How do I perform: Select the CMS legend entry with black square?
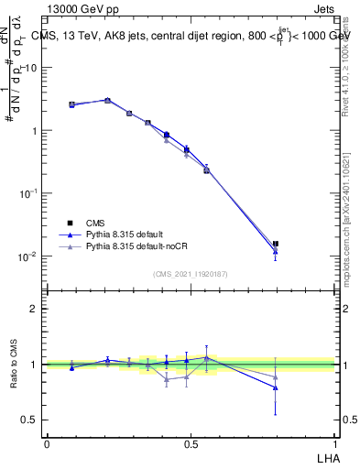[x=95, y=223]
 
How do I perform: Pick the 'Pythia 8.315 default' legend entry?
[x=125, y=234]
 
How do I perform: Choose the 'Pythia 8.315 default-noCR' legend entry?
[x=137, y=246]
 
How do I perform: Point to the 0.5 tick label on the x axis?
[x=191, y=443]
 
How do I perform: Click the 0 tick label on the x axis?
[x=47, y=443]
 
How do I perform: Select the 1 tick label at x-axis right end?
[x=335, y=443]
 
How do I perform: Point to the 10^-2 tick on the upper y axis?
[x=30, y=256]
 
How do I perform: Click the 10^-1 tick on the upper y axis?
[x=30, y=193]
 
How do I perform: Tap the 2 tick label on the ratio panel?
[x=34, y=309]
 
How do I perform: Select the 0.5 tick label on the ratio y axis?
[x=30, y=420]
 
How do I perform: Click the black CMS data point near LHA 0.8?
[x=276, y=244]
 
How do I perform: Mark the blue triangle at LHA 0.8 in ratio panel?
[x=276, y=387]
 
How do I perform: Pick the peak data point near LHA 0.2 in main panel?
[x=107, y=100]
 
